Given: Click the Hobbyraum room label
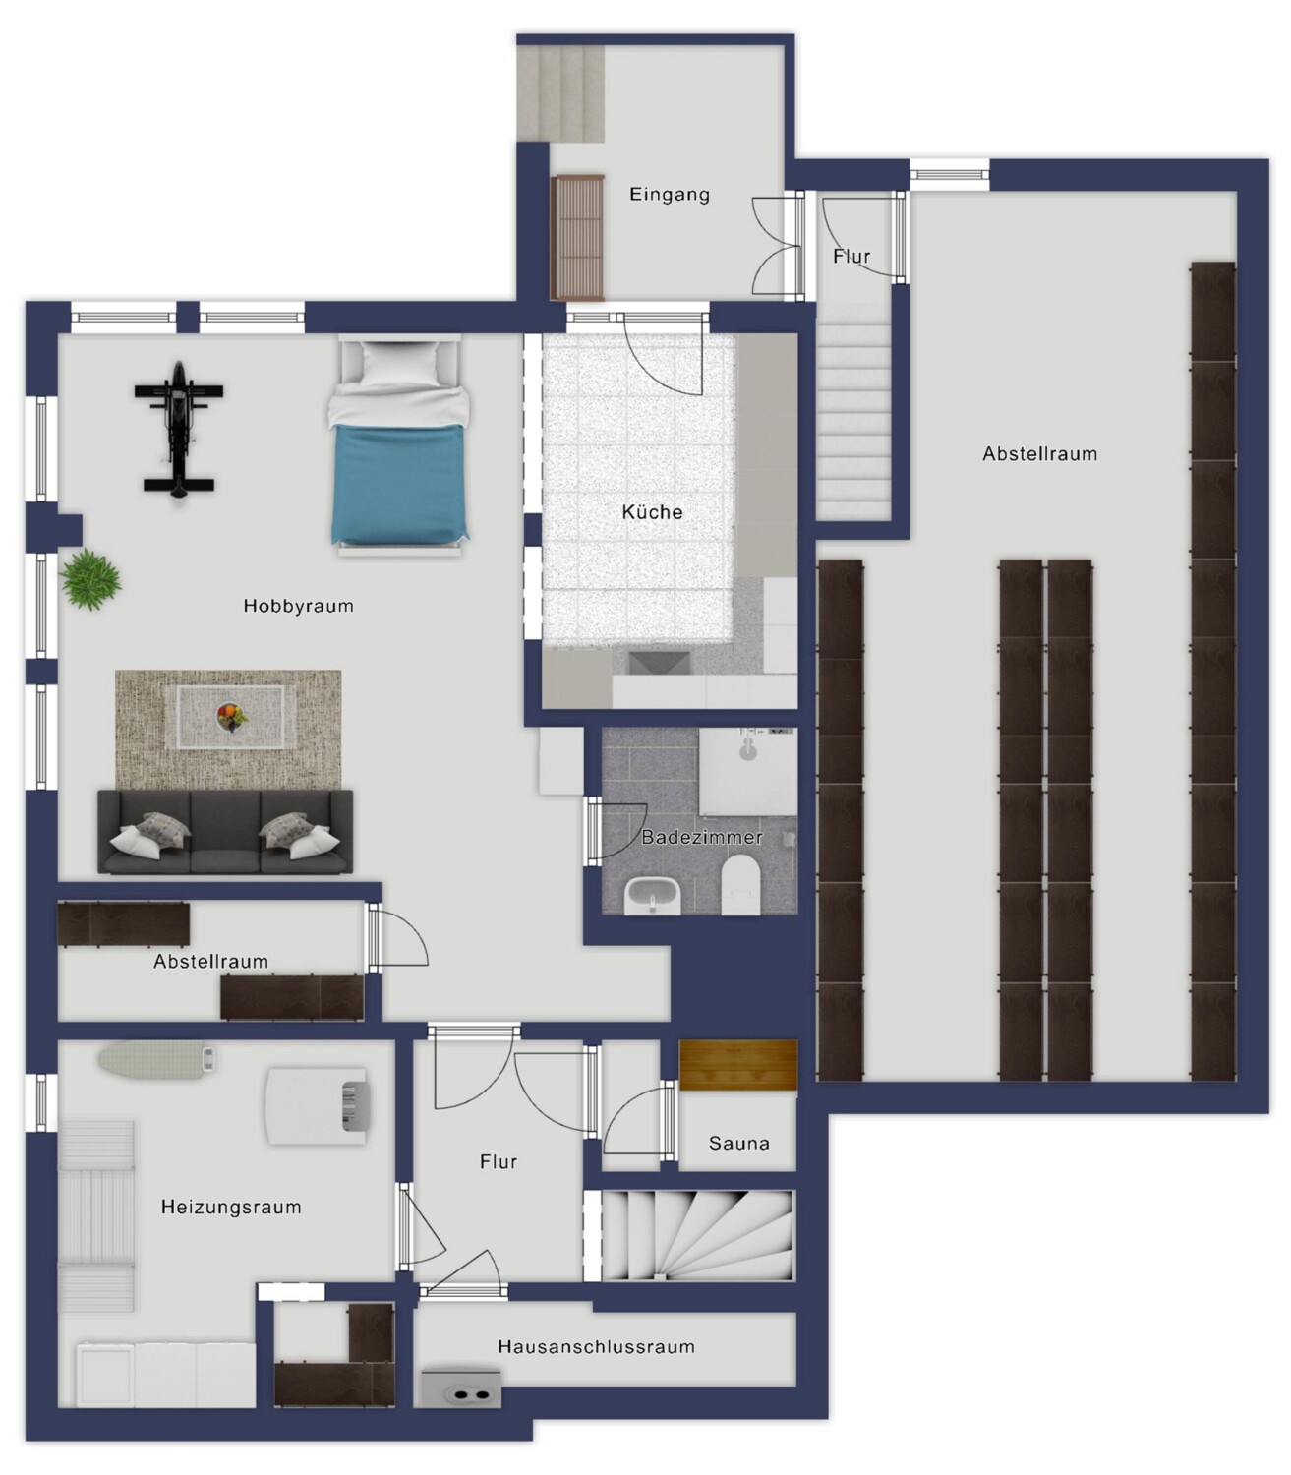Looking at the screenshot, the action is pyautogui.click(x=299, y=606).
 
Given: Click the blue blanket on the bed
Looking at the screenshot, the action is pyautogui.click(x=398, y=485).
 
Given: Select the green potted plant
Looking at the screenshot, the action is pyautogui.click(x=90, y=579).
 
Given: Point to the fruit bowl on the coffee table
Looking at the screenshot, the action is pyautogui.click(x=231, y=717).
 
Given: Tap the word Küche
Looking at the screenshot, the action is pyautogui.click(x=652, y=512).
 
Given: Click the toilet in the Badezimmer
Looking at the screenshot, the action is pyautogui.click(x=741, y=885).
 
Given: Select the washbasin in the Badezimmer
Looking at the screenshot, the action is pyautogui.click(x=652, y=896).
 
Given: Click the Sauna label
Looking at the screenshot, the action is pyautogui.click(x=738, y=1143).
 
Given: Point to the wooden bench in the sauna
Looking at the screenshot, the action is pyautogui.click(x=738, y=1065).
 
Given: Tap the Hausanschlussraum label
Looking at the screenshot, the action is pyautogui.click(x=596, y=1347).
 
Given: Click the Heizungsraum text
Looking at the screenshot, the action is pyautogui.click(x=231, y=1207).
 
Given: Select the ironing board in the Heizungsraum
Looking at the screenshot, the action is pyautogui.click(x=158, y=1059).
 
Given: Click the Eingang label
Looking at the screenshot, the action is pyautogui.click(x=670, y=194).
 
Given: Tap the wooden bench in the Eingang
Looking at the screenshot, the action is pyautogui.click(x=577, y=237).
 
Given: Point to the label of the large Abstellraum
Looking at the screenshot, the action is pyautogui.click(x=1039, y=453).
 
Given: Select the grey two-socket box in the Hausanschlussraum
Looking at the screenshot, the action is pyautogui.click(x=461, y=1389).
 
